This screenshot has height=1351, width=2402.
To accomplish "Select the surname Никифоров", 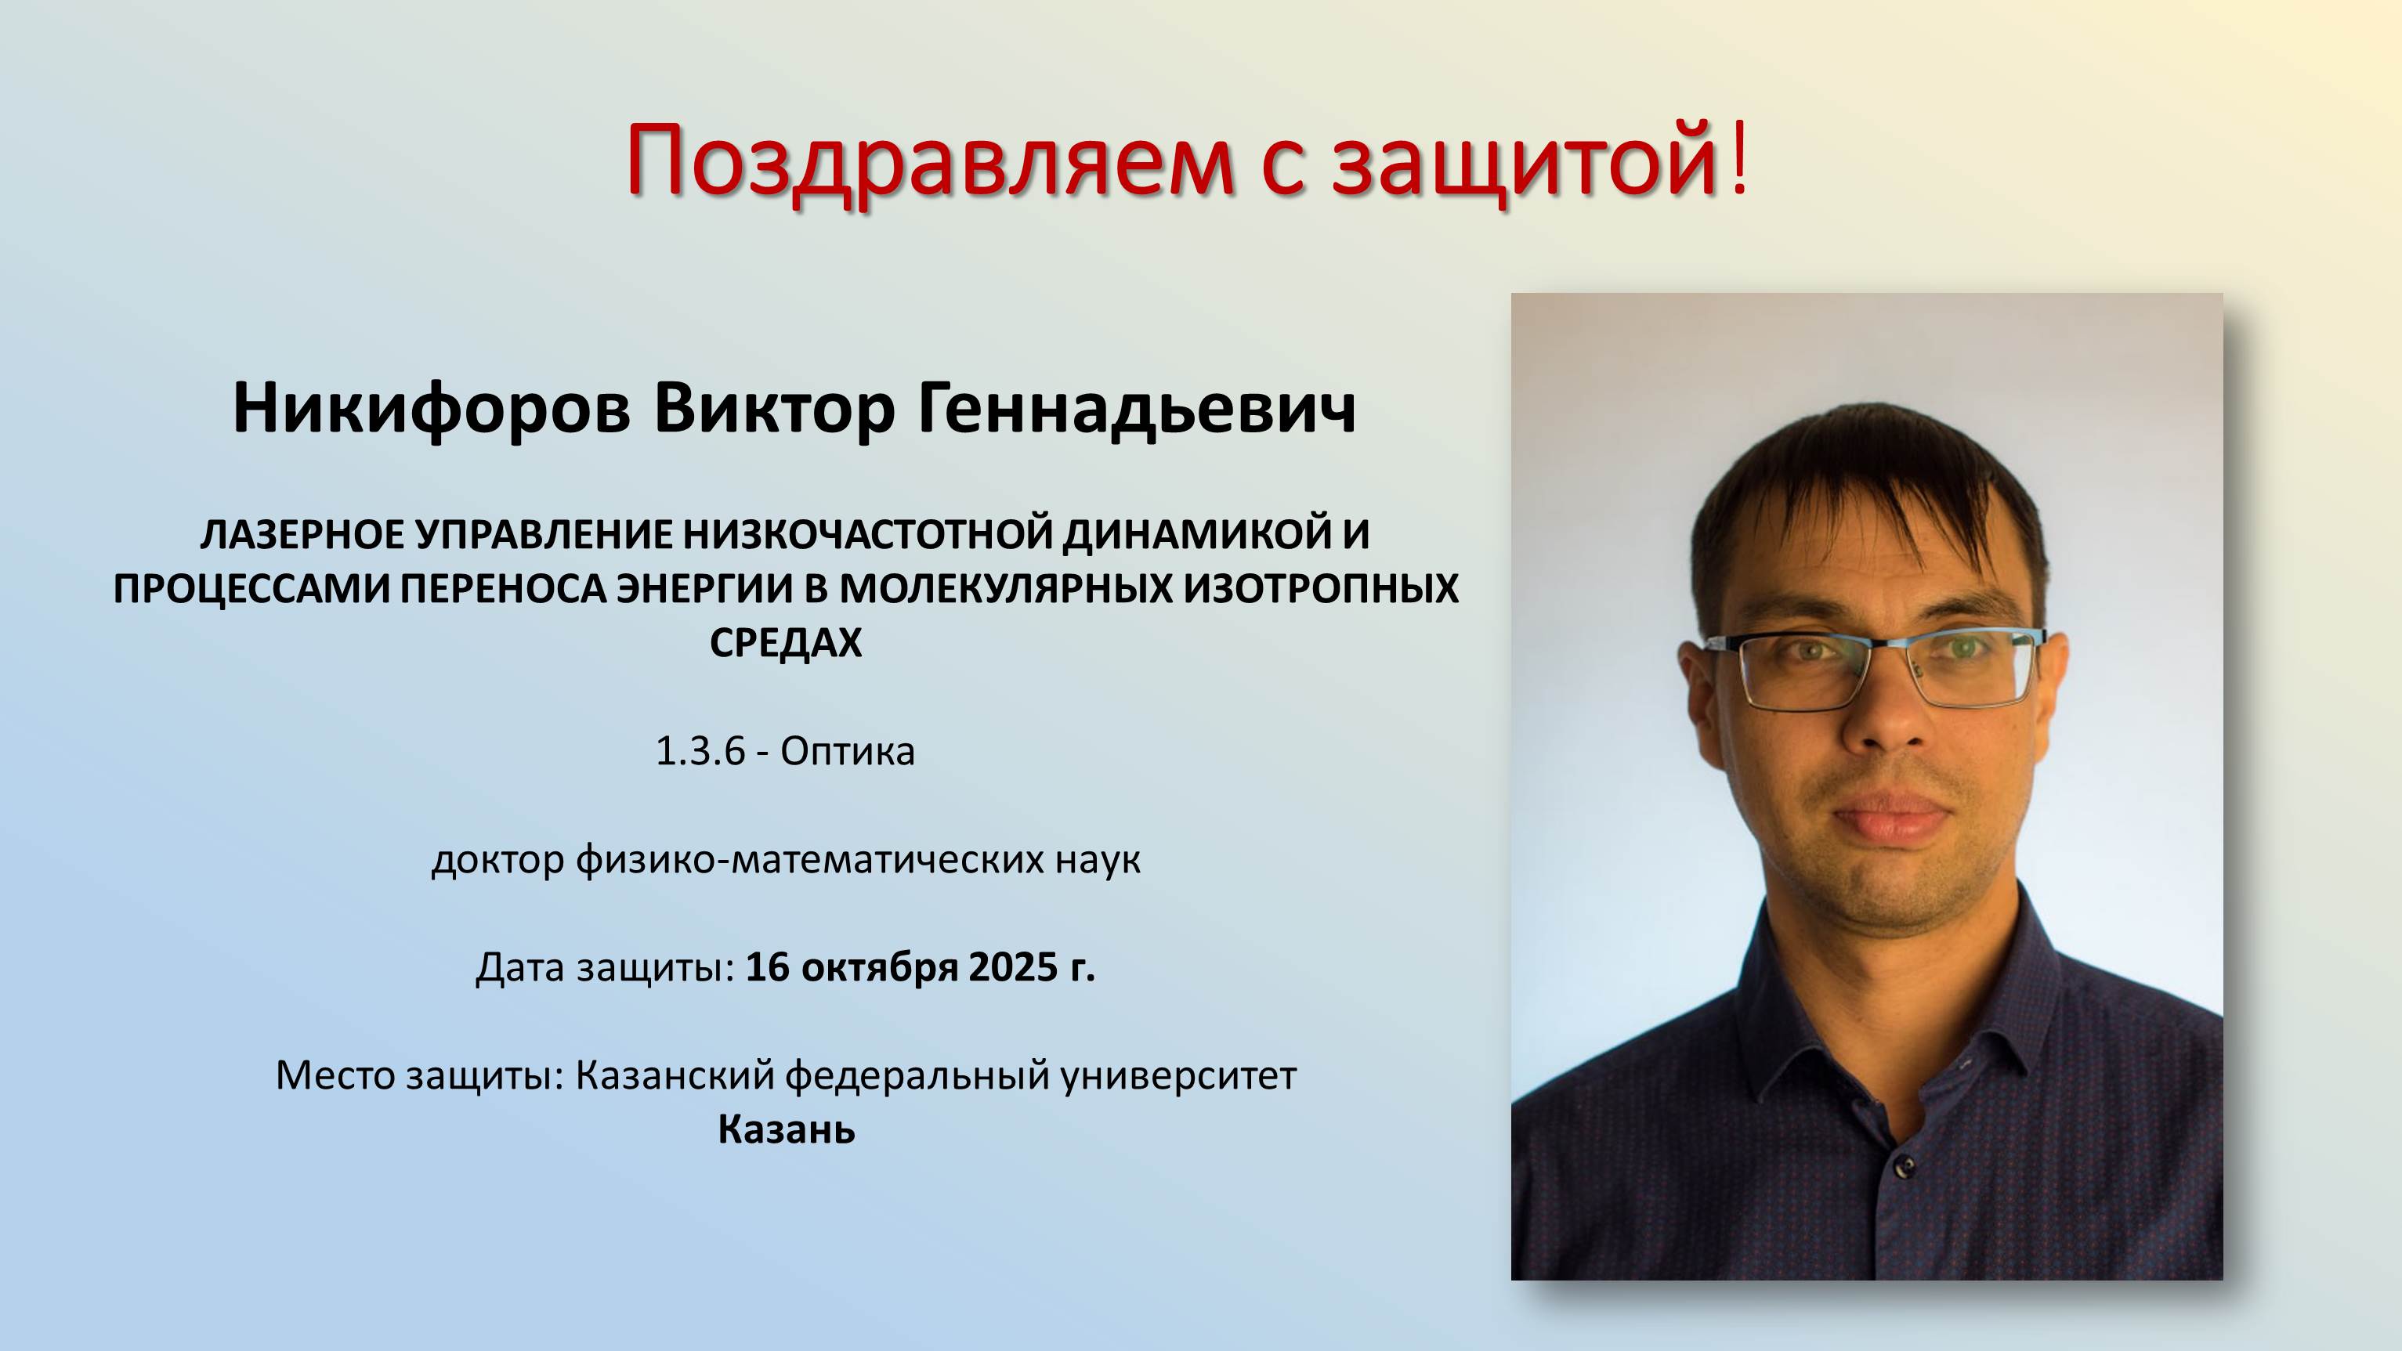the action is click(x=431, y=407).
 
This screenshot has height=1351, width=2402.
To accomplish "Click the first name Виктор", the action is click(x=774, y=407).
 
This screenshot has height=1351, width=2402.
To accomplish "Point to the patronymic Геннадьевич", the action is click(x=1138, y=407).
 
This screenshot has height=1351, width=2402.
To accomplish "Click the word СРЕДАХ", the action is click(x=786, y=643).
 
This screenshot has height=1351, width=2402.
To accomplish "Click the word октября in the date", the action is click(x=879, y=968).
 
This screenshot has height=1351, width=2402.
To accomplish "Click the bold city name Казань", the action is click(x=786, y=1130).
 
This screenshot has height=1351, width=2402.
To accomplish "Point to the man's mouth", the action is click(x=1891, y=818).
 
